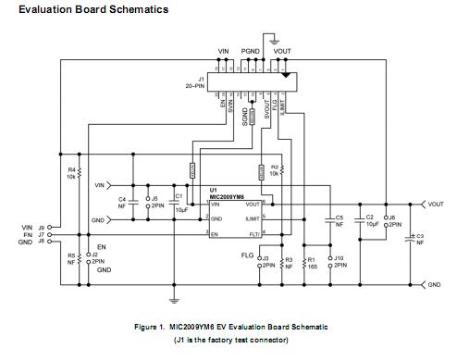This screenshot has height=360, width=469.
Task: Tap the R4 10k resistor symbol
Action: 80,173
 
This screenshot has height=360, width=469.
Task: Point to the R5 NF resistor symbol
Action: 80,259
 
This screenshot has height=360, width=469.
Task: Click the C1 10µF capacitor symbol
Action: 169,198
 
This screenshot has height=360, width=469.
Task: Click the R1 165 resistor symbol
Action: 301,262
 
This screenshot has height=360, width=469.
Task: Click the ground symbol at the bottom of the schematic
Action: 174,299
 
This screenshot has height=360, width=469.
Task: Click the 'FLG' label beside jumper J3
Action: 246,254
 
